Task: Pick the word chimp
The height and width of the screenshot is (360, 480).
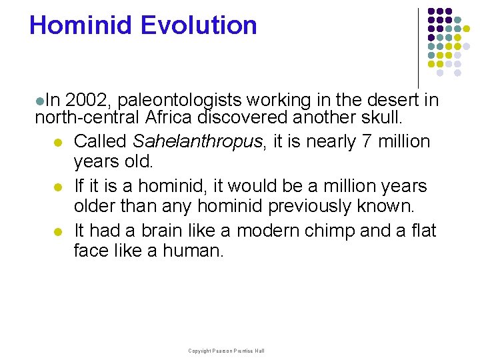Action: tap(318, 231)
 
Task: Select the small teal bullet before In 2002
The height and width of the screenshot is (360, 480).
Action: tap(40, 101)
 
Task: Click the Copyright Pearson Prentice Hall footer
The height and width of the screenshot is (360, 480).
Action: tap(226, 351)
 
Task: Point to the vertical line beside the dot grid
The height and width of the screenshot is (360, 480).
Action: tap(418, 47)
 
